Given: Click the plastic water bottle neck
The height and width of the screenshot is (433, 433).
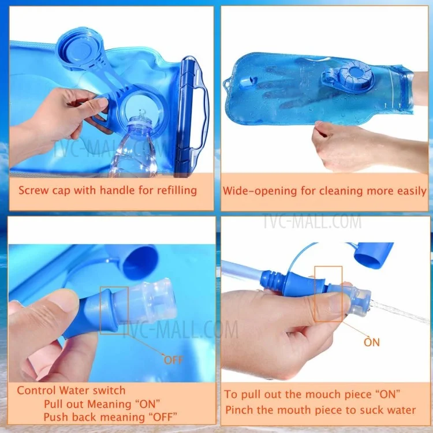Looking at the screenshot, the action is coord(140,127).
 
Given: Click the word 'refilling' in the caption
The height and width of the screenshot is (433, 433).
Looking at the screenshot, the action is coord(177,191).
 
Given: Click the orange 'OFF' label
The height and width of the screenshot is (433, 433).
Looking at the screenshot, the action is coord(173,360).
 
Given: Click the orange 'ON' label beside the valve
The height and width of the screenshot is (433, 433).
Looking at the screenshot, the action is coord(372,342).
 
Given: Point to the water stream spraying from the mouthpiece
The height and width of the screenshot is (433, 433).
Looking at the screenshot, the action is coord(401,312).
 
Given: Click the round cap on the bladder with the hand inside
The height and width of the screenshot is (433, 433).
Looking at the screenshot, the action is coord(354,74).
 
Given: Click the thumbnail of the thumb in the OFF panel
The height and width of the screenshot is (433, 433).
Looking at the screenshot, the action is coord(66,298).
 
